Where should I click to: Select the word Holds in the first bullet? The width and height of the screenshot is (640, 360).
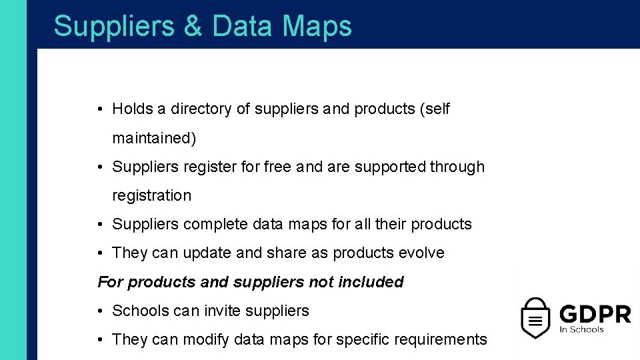click(x=132, y=109)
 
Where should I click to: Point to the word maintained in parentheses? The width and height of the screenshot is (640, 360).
click(x=154, y=138)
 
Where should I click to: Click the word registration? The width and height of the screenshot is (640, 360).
click(x=151, y=195)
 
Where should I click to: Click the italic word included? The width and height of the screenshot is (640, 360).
click(x=371, y=282)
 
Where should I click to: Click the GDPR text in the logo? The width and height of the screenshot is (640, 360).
click(x=595, y=313)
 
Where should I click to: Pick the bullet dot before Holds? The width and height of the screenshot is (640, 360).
click(x=99, y=109)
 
